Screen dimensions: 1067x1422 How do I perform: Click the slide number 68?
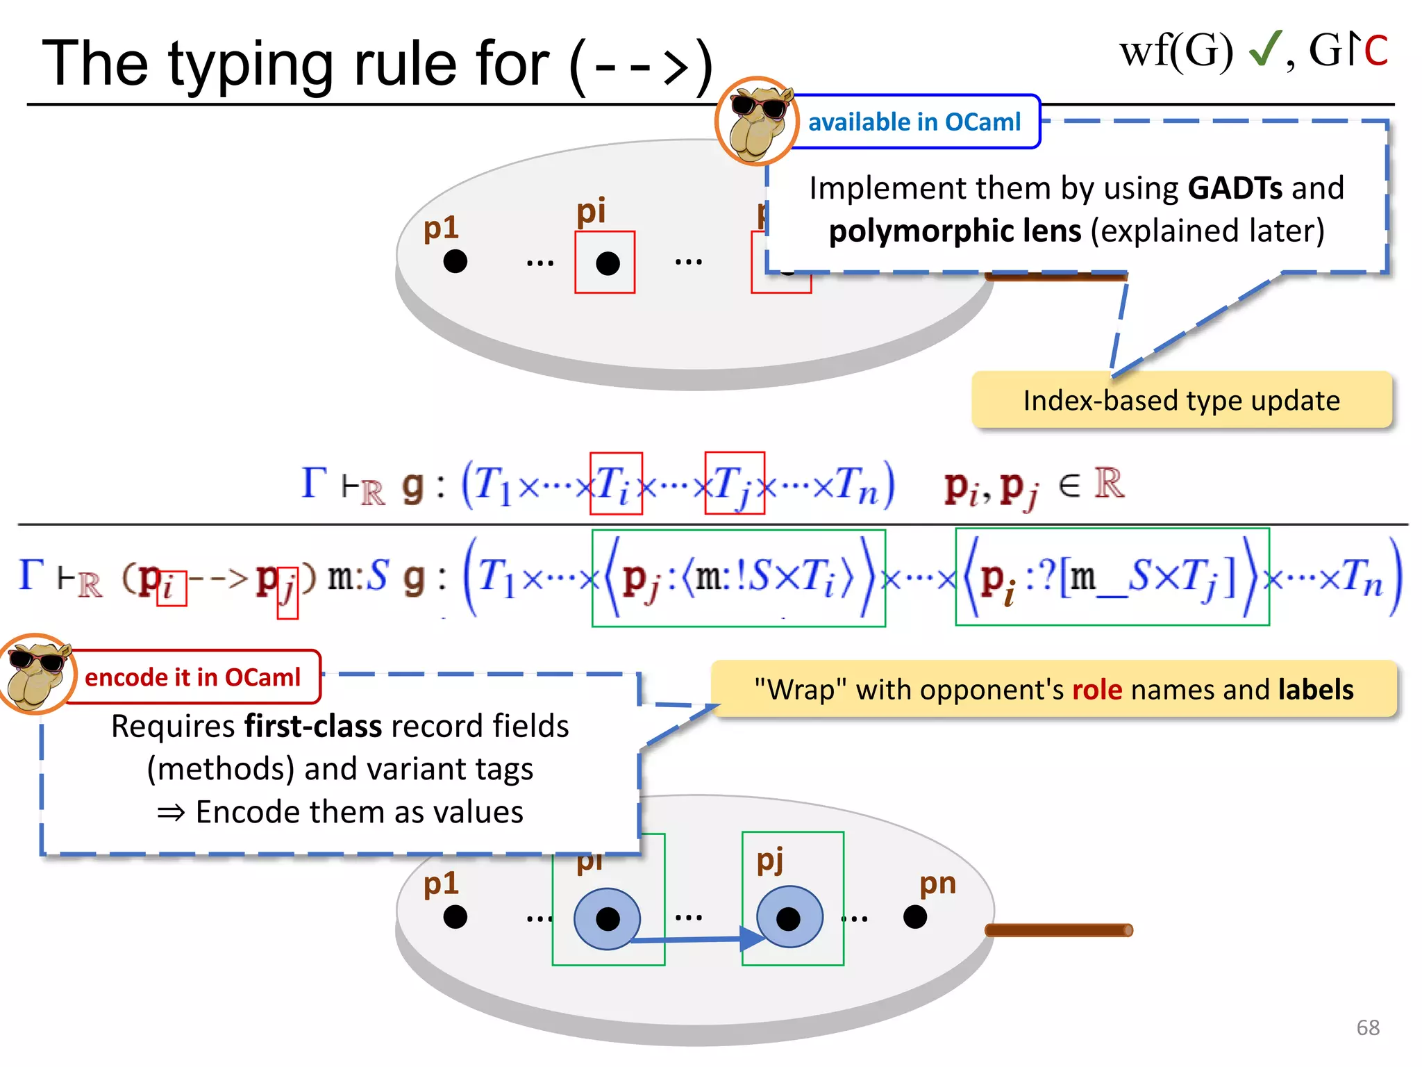(x=1367, y=1027)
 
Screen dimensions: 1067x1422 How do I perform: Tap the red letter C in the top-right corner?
(x=1375, y=51)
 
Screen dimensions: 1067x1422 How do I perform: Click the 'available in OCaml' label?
(x=914, y=122)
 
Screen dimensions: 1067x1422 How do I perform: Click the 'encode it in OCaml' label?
(x=192, y=677)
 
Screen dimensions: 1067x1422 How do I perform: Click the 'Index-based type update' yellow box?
(x=1181, y=401)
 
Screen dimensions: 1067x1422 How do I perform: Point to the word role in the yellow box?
(x=1097, y=690)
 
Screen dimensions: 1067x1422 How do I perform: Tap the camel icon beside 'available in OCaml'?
(x=757, y=122)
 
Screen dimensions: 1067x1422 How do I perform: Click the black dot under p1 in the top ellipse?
(x=455, y=262)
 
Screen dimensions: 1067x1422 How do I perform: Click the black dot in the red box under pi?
(x=608, y=263)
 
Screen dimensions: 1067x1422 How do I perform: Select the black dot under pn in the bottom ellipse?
(x=915, y=917)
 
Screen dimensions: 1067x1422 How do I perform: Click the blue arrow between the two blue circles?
(x=694, y=939)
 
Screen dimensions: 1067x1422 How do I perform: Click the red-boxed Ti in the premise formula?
(x=615, y=483)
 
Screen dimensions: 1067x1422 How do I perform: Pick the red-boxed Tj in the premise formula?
(x=734, y=483)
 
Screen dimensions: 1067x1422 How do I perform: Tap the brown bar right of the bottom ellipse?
(x=1059, y=930)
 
